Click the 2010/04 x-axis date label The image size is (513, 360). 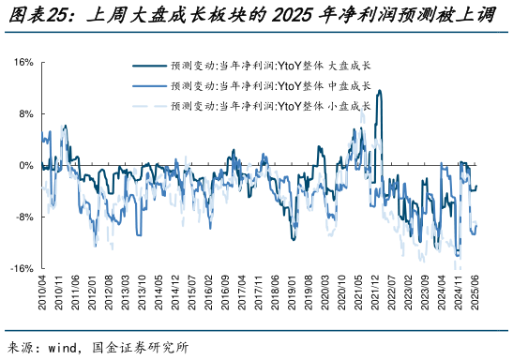tap(42, 294)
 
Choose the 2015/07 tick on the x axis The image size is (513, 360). tap(193, 294)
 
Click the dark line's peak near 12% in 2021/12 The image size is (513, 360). tap(379, 91)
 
